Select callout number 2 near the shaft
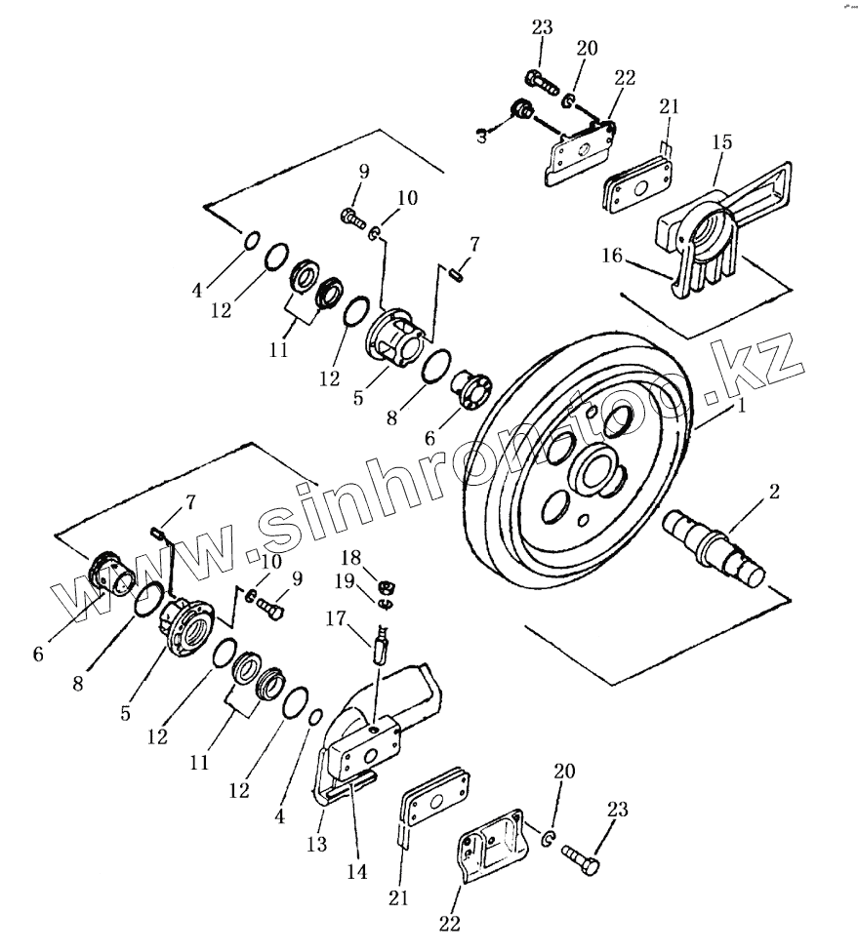[x=773, y=493]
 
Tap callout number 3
[x=481, y=138]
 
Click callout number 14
[x=357, y=871]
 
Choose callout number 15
[x=722, y=142]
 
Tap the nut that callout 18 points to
[x=387, y=586]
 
